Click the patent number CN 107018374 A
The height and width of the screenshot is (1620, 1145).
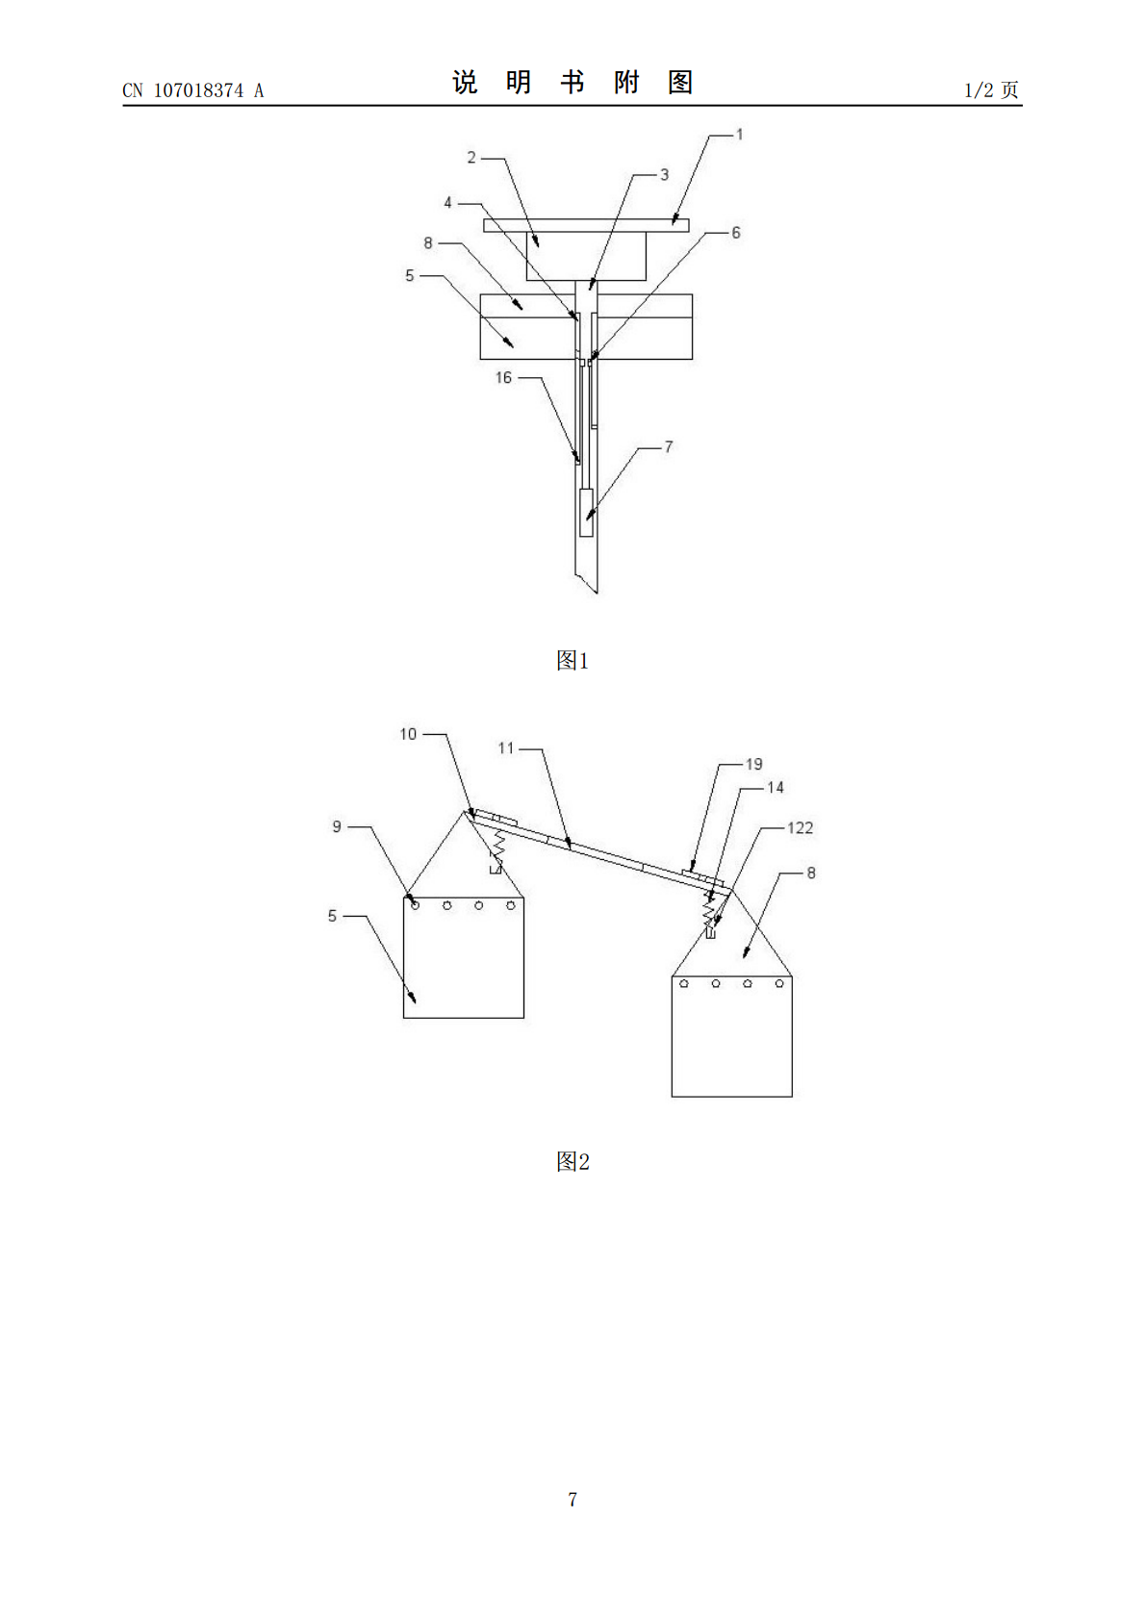pos(192,90)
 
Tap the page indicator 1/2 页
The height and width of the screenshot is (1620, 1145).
pos(991,90)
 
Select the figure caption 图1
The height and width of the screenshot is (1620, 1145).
pos(572,660)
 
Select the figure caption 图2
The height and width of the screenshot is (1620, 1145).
pos(572,1161)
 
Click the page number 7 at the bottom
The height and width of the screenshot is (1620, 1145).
pos(572,1499)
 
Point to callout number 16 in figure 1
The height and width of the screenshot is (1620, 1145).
pos(503,377)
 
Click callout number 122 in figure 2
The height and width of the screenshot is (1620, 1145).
pos(800,828)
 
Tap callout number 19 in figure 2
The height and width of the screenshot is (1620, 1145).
pos(754,765)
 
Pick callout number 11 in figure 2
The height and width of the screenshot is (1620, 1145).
pos(505,748)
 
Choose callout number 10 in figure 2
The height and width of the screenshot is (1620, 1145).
pos(408,734)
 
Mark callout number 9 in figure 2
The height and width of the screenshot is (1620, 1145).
pos(337,826)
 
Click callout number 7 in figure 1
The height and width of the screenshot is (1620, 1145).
pos(669,447)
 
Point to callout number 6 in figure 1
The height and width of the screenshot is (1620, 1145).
pos(736,233)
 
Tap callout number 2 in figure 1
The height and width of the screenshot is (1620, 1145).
pos(471,158)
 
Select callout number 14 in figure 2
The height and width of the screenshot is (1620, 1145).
pos(776,788)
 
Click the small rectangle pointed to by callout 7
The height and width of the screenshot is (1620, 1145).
pos(586,513)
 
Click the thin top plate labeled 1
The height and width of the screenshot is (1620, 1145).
pos(586,226)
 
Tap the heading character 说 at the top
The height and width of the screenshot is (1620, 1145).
pos(465,83)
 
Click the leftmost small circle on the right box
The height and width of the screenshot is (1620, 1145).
pos(684,983)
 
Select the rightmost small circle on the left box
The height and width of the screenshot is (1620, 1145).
pos(511,905)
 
